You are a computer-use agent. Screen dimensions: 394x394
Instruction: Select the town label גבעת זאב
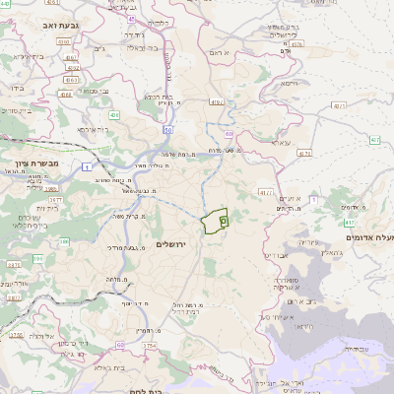tap(68, 23)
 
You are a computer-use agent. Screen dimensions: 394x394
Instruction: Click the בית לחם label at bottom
tap(145, 390)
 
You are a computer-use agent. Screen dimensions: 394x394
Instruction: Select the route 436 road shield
tap(114, 115)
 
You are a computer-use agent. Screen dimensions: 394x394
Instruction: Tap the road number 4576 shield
tap(297, 43)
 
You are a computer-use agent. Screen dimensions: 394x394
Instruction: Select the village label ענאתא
tap(281, 143)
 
